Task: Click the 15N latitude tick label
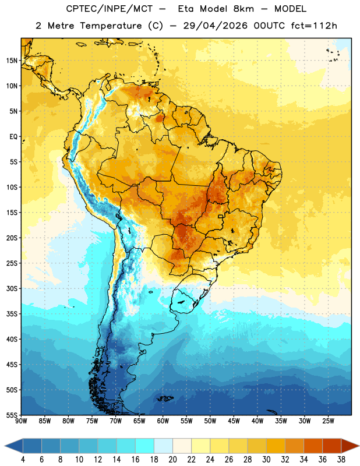[12, 61]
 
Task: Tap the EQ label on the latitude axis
[13, 137]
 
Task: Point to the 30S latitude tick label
[12, 288]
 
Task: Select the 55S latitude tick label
[12, 415]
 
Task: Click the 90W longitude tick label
[21, 421]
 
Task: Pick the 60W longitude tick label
[163, 421]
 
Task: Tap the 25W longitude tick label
[328, 421]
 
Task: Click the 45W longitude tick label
[234, 421]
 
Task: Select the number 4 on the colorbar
[23, 460]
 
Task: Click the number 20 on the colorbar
[172, 460]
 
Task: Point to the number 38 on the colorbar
[341, 460]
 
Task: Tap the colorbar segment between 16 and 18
[144, 446]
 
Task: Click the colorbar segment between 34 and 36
[313, 446]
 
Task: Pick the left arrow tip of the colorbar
[5, 446]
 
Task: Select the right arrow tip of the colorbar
[359, 446]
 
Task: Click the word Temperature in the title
[111, 26]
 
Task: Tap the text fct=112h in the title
[314, 26]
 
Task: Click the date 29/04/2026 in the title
[215, 26]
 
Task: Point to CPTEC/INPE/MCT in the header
[110, 9]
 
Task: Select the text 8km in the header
[243, 9]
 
